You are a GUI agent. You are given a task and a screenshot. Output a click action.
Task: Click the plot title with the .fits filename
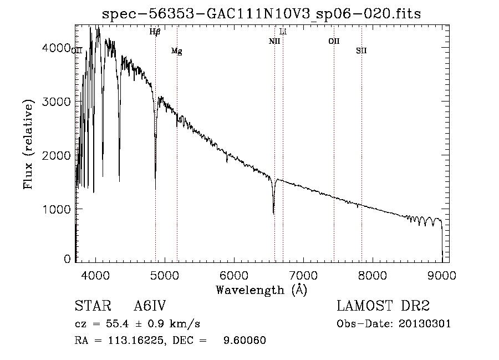pos(261,14)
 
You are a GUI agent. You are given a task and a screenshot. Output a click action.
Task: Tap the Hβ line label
pos(155,32)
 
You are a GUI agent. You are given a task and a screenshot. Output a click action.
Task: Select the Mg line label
pos(177,51)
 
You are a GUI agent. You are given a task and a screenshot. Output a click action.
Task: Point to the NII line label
pos(274,41)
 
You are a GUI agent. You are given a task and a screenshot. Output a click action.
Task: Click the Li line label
pos(283,32)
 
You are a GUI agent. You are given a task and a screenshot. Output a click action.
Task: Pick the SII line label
pos(361,50)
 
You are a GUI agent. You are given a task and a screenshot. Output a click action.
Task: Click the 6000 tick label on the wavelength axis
pos(234,275)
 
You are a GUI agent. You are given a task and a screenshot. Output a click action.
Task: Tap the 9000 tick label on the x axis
pos(442,275)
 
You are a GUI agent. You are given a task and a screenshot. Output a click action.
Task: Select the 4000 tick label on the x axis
pos(95,275)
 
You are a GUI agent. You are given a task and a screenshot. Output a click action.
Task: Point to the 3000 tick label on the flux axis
pos(57,102)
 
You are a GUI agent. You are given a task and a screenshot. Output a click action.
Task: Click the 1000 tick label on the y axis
pos(57,209)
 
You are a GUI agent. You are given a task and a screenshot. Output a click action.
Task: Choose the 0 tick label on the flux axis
pos(67,259)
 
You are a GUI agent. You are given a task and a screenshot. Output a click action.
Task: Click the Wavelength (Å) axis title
pos(262,290)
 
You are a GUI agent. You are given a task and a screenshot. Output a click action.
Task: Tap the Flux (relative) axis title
pos(28,145)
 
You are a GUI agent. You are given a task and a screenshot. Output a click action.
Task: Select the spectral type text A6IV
pos(150,306)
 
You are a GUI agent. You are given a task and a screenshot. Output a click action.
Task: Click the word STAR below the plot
pos(93,306)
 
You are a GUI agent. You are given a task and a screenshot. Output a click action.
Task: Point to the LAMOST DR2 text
pos(383,306)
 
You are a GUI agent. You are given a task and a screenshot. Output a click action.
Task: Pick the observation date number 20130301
pos(425,324)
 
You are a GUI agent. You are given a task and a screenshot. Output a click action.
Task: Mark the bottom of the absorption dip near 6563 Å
pos(274,214)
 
